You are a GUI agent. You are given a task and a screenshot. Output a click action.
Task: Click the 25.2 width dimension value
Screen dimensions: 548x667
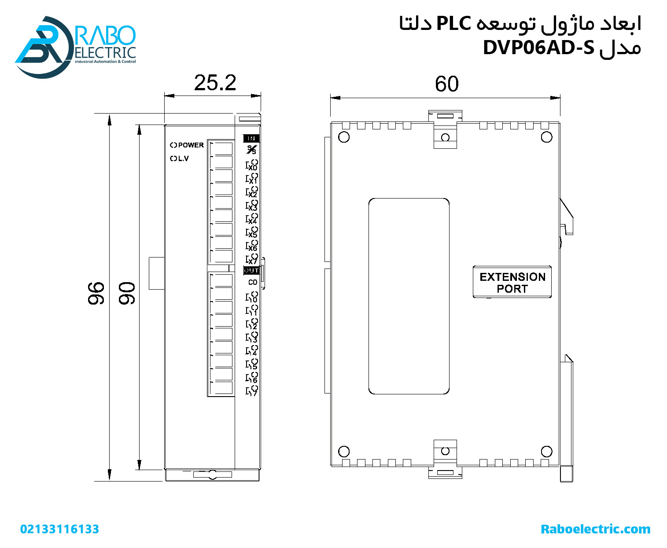pos(215,83)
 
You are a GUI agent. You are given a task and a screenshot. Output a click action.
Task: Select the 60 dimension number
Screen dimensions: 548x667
pos(446,84)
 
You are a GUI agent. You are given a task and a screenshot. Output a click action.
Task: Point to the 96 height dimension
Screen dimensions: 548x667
pos(96,293)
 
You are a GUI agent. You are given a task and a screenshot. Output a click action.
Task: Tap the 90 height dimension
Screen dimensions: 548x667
pos(127,293)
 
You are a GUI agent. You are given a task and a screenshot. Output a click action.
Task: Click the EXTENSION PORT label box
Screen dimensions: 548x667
pos(512,282)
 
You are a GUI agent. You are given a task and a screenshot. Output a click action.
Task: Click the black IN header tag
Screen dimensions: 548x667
pos(251,138)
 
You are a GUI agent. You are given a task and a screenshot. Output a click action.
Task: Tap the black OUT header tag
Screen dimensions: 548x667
pos(251,270)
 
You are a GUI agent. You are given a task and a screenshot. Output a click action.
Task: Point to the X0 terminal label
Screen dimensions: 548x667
pos(252,166)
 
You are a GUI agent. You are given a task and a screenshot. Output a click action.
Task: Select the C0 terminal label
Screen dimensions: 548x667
pos(253,282)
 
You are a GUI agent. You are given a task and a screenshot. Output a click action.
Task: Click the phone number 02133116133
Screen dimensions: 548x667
pos(59,529)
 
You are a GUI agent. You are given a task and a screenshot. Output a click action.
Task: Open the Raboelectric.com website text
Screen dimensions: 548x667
pos(595,529)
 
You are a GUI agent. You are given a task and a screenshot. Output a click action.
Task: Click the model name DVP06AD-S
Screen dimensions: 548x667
pos(538,48)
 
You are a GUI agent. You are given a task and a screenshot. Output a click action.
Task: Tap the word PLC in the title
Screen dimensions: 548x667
pos(453,24)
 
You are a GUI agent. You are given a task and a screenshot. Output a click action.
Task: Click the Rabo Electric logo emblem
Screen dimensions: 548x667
pos(43,48)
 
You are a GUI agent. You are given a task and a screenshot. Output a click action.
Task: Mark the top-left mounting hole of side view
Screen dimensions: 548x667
pos(344,137)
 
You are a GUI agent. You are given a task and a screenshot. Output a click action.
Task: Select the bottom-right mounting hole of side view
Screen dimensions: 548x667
pos(546,451)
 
